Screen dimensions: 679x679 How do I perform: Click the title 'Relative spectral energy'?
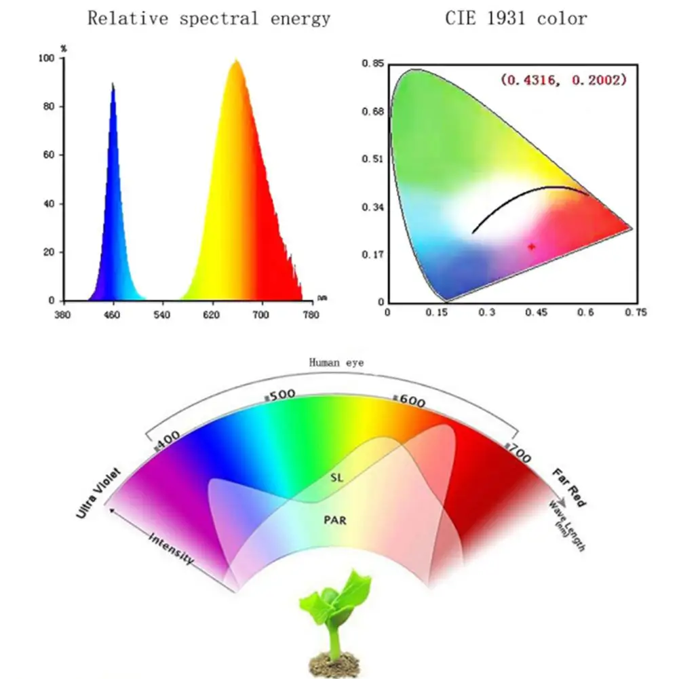coord(209,18)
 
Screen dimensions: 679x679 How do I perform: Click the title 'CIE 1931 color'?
coord(516,18)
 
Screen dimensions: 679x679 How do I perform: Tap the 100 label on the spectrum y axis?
coord(47,59)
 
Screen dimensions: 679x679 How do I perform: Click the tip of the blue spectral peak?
coord(113,83)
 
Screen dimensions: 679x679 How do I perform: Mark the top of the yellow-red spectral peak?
coord(236,61)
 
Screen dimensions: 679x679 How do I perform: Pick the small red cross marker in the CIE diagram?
coord(531,246)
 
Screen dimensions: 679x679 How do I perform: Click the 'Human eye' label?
coord(336,363)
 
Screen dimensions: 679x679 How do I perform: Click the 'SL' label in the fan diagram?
coord(337,478)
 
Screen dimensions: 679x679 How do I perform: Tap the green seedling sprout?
coord(338,604)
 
